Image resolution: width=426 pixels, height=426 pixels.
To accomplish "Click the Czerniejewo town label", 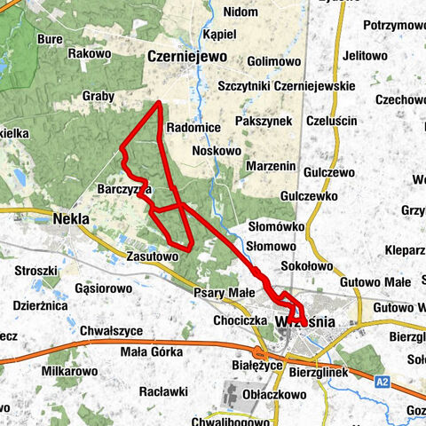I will (186, 56).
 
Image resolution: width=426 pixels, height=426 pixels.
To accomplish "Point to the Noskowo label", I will (217, 151).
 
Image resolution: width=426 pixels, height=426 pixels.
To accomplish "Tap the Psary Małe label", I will (225, 291).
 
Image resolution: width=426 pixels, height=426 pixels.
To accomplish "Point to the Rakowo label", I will (89, 54).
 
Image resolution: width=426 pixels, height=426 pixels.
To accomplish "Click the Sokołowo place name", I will (304, 264).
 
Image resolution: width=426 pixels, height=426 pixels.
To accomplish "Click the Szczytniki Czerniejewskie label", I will (286, 85).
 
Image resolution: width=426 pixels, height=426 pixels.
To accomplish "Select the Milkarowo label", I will (69, 369).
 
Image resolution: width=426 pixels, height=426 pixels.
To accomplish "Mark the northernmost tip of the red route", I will (159, 103).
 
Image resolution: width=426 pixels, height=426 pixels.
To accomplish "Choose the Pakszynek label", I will (265, 118).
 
